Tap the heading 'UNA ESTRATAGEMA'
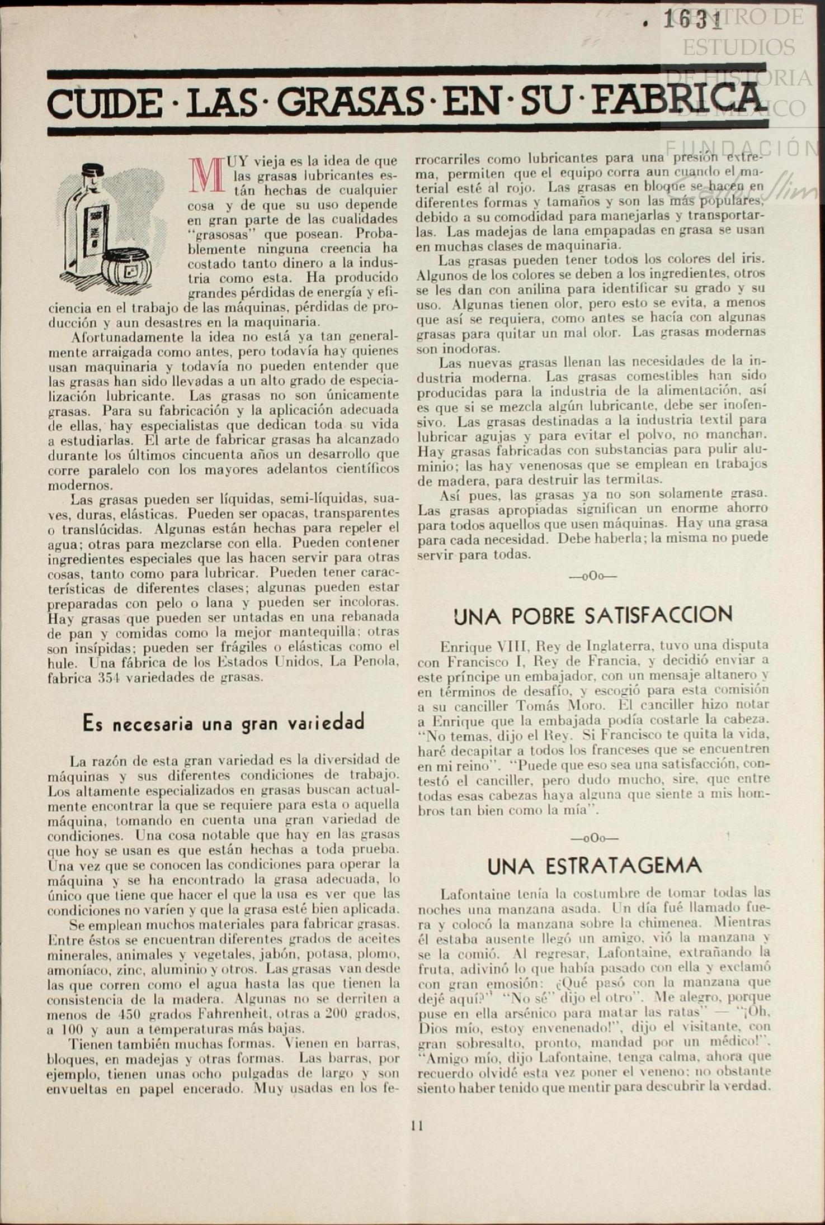(x=595, y=866)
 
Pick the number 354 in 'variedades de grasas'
(x=114, y=677)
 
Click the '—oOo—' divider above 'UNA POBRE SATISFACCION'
(x=593, y=576)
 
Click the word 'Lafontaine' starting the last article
(x=472, y=892)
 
